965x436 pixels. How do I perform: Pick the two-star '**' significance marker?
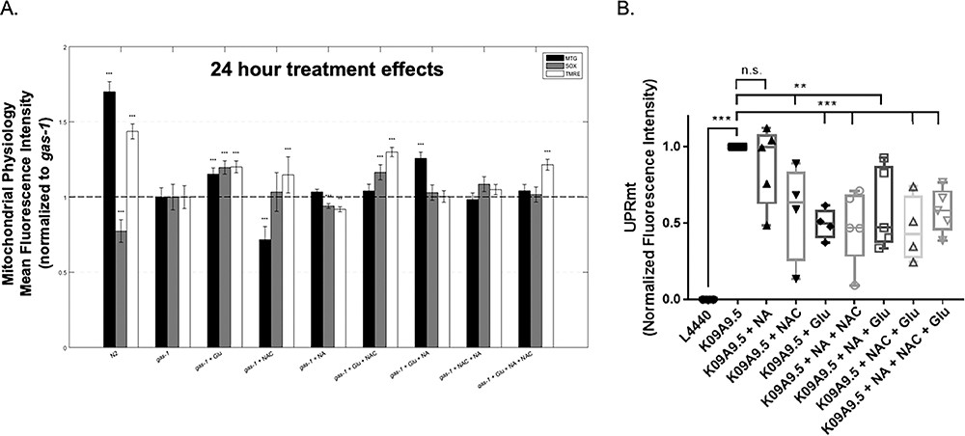click(x=801, y=85)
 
